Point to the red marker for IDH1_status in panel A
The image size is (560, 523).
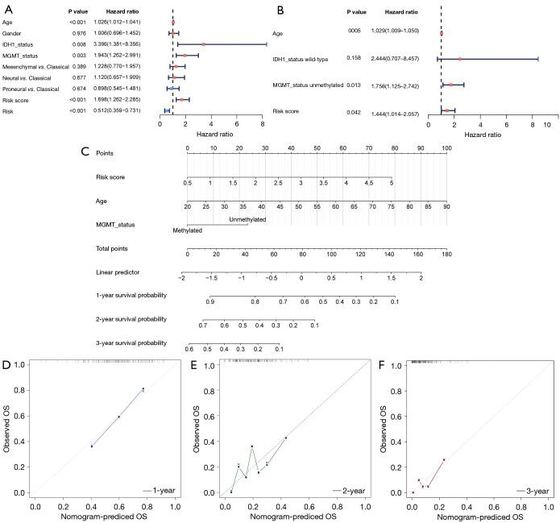coord(204,44)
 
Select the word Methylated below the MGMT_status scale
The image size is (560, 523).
coord(187,230)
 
